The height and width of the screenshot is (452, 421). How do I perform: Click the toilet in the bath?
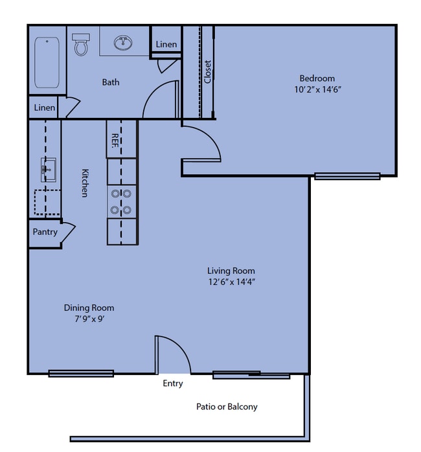(x=81, y=45)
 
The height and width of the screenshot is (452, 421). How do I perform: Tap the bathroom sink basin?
(x=123, y=43)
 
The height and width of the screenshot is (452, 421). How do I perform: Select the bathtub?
(x=47, y=62)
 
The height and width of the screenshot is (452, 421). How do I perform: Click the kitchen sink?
(x=48, y=170)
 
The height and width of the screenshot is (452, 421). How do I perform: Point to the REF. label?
(x=115, y=141)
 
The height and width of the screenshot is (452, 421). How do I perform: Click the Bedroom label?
(x=317, y=78)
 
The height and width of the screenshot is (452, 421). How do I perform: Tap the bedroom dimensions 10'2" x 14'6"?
(x=317, y=89)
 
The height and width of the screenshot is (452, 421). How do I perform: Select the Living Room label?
(x=231, y=271)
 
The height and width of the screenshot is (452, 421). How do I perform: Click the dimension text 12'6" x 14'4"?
(x=232, y=282)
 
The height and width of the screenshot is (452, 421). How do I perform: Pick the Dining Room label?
(x=89, y=308)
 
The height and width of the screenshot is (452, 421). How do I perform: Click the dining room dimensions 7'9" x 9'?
(x=89, y=319)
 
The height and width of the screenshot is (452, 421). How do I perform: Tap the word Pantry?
(x=45, y=232)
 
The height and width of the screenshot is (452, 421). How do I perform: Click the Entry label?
(x=173, y=383)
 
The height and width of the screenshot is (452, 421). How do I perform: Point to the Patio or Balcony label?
(x=227, y=407)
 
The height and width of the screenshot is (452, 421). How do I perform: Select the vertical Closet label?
(x=207, y=72)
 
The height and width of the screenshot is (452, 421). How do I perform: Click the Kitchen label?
(x=85, y=183)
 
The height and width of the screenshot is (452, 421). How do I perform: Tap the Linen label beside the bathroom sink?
(x=166, y=45)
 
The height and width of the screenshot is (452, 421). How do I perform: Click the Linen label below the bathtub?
(x=45, y=107)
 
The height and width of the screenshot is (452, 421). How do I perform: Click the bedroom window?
(x=347, y=176)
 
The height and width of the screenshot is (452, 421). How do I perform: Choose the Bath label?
(x=111, y=82)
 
